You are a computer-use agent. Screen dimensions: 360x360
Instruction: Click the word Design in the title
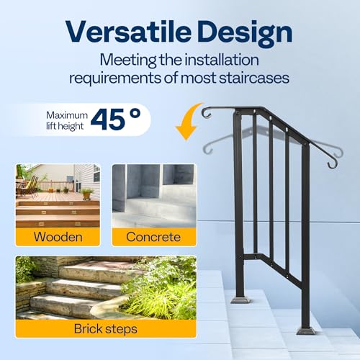pos(243,33)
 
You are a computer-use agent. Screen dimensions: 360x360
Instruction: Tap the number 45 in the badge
pos(108,121)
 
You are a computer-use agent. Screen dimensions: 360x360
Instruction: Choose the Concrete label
pos(153,237)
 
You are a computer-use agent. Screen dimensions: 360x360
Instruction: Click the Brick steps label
pos(105,328)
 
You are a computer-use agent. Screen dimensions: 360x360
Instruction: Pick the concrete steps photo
pos(153,196)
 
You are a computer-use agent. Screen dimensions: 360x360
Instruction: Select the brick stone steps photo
pos(105,288)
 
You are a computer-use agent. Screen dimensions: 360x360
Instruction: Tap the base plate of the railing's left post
pos(240,297)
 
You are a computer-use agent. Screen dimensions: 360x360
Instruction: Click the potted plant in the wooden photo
pos(87,192)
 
